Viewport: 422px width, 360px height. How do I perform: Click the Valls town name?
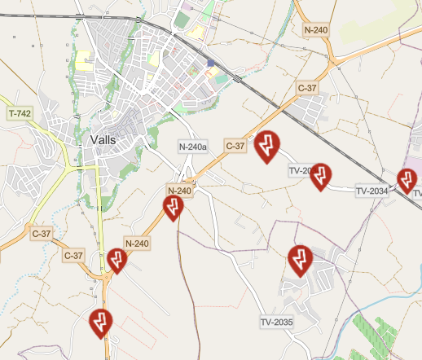[x=100, y=139]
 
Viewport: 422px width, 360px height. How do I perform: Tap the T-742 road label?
[x=20, y=113]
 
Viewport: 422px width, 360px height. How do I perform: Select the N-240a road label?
[x=194, y=147]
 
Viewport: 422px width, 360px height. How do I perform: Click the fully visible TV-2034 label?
[x=371, y=191]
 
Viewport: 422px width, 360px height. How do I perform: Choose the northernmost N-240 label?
[x=315, y=30]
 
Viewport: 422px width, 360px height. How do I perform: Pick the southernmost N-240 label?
[x=138, y=243]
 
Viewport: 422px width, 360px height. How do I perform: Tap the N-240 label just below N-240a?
[x=179, y=191]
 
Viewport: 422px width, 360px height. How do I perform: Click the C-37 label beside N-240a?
[x=235, y=146]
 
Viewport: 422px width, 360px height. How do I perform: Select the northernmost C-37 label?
[x=306, y=87]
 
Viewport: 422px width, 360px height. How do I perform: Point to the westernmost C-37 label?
[x=41, y=234]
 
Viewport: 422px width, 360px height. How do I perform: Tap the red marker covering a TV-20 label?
[x=321, y=176]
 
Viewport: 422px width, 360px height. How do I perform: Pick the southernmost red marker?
[x=100, y=323]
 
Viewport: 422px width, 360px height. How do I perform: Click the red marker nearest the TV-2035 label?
[x=300, y=260]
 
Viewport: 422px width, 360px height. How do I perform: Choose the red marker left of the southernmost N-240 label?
[x=117, y=260]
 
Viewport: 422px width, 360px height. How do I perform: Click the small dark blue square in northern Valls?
[x=210, y=63]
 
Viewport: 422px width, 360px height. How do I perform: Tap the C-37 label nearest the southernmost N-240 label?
[x=74, y=255]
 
